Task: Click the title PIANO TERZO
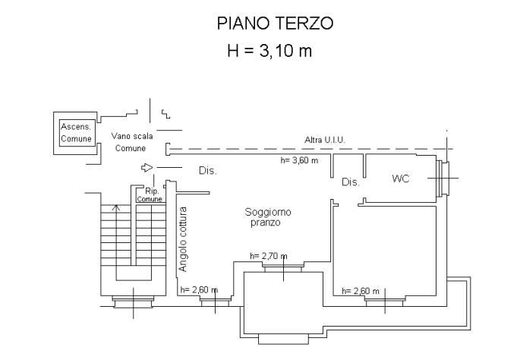point(275,23)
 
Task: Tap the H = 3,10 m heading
point(270,52)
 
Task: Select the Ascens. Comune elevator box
point(76,134)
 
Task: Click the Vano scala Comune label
point(131,142)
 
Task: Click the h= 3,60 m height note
point(299,160)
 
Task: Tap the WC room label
point(401,179)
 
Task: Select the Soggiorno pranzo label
point(267,217)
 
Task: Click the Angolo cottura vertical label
point(183,238)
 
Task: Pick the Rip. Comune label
point(150,194)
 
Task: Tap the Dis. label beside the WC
point(350,182)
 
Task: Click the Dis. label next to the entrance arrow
point(207,171)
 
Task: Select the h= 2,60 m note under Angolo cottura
point(198,289)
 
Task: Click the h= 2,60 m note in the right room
point(361,290)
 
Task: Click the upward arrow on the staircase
point(115,207)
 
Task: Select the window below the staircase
point(132,302)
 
